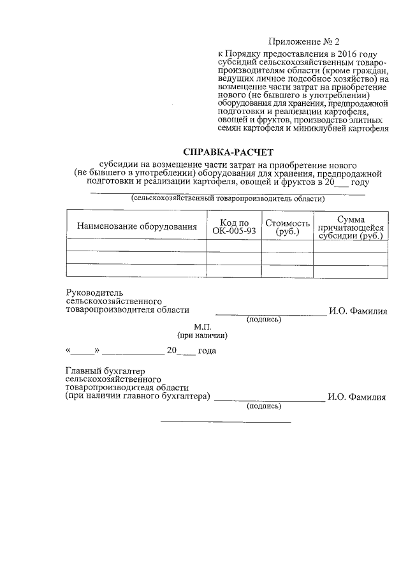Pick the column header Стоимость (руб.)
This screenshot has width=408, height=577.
288,226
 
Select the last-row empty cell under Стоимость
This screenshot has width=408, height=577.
288,272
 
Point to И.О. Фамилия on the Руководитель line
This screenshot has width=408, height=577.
358,310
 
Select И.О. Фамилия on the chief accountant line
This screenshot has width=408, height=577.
356,397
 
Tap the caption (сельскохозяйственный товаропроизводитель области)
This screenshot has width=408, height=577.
228,198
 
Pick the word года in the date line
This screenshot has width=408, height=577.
207,351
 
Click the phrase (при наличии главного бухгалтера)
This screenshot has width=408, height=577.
138,396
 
